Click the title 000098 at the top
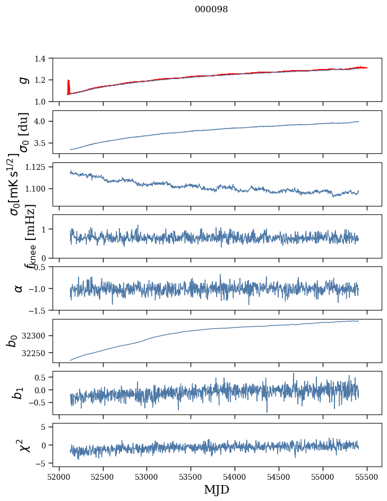[211, 9]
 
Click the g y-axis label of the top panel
[23, 80]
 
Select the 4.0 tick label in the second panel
[42, 122]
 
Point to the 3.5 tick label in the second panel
[42, 143]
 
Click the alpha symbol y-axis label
[19, 288]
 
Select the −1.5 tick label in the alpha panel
[40, 310]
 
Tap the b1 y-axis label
[19, 393]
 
